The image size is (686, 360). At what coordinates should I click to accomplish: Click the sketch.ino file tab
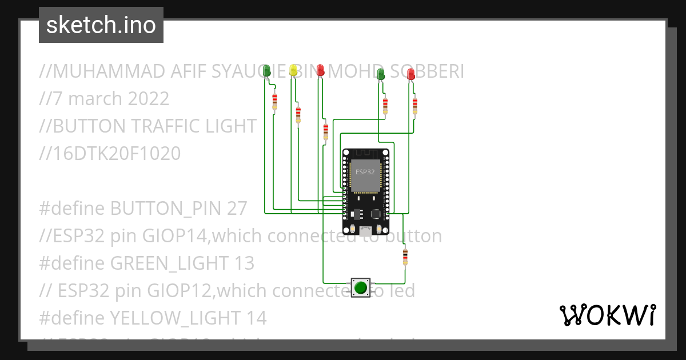pos(101,25)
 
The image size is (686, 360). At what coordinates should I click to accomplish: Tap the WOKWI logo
pos(607,315)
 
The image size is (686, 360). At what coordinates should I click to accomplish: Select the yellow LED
pos(293,70)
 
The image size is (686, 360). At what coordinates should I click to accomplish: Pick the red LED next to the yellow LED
pos(320,70)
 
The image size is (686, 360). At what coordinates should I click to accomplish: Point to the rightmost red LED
pos(411,74)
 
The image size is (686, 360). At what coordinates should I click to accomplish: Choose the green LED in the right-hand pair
pos(381,74)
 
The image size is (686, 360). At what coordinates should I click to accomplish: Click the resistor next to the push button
pos(405,257)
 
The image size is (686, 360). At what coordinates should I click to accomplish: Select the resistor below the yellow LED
pos(298,114)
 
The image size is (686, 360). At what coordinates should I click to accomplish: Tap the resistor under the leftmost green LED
pos(275,101)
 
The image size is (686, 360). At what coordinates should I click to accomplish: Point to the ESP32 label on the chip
pos(365,171)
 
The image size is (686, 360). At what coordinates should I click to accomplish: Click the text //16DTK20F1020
pos(110,153)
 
